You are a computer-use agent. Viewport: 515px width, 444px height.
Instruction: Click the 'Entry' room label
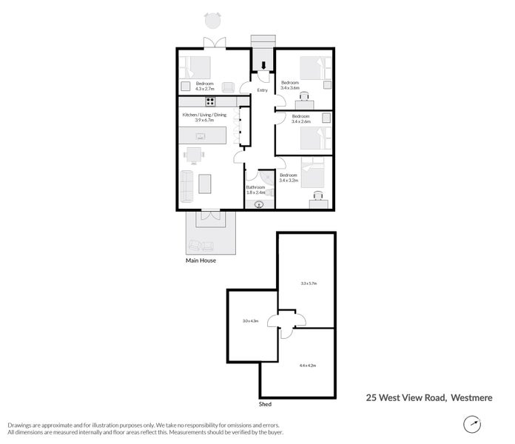click(262, 91)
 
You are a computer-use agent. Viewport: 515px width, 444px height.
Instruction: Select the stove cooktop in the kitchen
click(210, 102)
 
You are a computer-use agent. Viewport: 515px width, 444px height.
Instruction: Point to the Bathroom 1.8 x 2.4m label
click(255, 190)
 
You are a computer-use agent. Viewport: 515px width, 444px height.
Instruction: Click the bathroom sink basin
click(259, 205)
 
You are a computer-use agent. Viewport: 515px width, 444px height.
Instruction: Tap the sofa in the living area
click(186, 184)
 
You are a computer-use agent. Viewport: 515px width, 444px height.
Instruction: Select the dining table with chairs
click(194, 154)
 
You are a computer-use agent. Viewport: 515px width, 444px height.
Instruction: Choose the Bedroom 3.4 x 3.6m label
click(289, 84)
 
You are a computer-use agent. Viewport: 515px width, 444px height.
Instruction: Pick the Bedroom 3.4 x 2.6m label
click(300, 118)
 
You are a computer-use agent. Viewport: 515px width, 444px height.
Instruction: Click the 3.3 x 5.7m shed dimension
click(309, 283)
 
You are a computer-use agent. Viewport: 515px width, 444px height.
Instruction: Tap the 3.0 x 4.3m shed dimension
click(250, 321)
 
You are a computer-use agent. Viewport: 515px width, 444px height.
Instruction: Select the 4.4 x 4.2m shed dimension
click(308, 366)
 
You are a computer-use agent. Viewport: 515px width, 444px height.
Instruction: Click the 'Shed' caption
click(265, 405)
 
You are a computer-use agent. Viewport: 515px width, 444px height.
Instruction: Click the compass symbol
click(471, 424)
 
